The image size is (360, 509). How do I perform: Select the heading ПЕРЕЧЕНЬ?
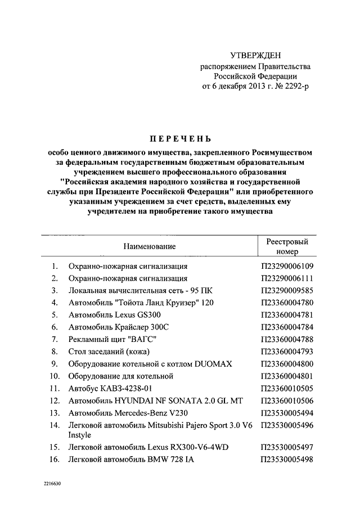click(x=179, y=138)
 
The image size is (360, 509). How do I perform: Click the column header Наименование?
click(x=150, y=246)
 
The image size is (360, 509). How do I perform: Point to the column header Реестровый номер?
click(x=287, y=246)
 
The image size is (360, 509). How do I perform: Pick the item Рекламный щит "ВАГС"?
click(x=112, y=339)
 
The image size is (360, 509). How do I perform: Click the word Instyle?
click(x=80, y=435)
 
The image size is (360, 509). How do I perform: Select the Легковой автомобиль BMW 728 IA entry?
click(x=131, y=459)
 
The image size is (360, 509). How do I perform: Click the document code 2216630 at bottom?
click(x=48, y=484)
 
